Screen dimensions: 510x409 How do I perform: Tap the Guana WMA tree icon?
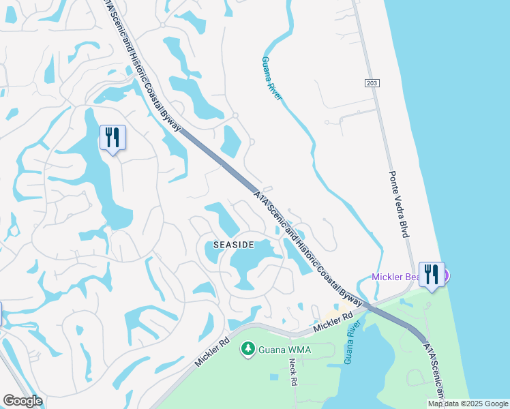coord(247,350)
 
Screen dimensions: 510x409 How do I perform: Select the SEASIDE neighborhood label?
coord(234,244)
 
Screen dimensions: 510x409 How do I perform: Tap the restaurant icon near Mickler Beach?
coord(431,275)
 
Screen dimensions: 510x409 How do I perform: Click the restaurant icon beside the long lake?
coord(112,138)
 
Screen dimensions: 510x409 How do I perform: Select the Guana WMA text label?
coord(284,350)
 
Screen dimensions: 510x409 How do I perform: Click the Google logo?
coord(22,402)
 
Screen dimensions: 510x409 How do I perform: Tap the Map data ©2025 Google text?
coord(468,404)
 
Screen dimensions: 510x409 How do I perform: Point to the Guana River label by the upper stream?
coord(271,78)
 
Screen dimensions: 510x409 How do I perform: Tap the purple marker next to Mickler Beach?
coord(446,275)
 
